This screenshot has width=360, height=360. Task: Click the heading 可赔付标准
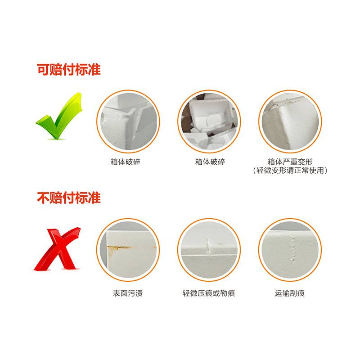click(69, 70)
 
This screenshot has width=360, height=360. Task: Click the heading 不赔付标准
click(69, 198)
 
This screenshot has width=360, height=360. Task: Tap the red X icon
click(58, 249)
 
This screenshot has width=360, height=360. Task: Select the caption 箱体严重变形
click(290, 162)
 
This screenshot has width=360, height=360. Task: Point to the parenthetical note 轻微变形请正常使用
click(290, 171)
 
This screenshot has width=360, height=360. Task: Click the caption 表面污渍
click(128, 293)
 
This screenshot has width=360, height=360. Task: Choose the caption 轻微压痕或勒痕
click(209, 293)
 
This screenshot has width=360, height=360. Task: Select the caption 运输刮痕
click(290, 293)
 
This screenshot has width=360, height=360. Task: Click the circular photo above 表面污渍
click(128, 250)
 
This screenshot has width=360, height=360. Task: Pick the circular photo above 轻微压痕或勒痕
click(209, 250)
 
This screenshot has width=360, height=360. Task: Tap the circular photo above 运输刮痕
click(290, 250)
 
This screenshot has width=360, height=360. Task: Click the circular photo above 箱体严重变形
click(290, 121)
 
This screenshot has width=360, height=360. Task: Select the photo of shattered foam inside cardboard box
click(209, 121)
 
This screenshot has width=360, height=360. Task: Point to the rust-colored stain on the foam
click(119, 248)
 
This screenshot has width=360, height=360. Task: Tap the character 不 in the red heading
click(43, 198)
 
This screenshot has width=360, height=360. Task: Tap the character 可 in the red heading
click(43, 70)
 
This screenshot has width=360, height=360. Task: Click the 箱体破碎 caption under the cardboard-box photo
click(210, 162)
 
